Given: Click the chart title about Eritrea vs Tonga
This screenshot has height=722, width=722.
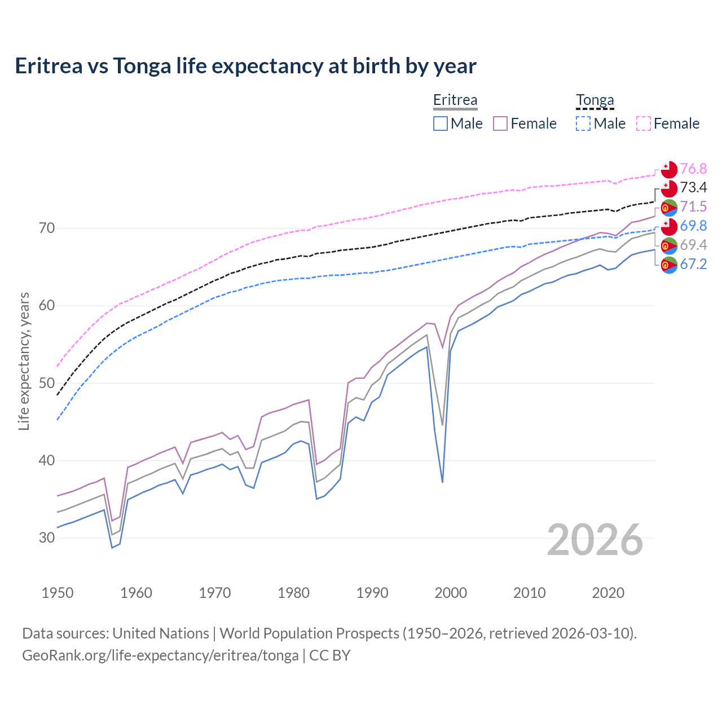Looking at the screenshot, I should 245,66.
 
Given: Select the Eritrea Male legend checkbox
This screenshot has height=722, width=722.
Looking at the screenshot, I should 441,124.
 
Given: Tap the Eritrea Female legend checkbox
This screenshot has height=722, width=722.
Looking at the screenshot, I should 500,124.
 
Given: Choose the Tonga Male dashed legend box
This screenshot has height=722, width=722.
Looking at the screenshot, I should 583,124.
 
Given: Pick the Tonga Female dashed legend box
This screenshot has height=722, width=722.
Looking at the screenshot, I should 644,124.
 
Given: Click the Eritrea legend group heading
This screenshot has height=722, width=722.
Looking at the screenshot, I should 455,100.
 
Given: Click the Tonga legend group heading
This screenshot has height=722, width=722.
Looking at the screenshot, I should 595,100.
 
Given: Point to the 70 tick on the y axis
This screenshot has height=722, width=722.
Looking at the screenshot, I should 47,228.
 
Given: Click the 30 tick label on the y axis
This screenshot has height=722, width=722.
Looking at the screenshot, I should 47,538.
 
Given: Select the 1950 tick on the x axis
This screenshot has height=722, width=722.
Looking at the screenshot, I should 58,593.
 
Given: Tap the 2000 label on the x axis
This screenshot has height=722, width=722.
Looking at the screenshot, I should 451,593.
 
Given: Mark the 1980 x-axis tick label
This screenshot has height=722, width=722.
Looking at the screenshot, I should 294,593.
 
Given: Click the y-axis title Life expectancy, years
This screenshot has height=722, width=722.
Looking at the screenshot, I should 24,361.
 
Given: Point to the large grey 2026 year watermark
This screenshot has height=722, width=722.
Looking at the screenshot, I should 595,540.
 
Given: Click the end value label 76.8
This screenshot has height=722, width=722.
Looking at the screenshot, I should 693,169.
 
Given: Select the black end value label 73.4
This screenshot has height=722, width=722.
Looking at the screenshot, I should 693,187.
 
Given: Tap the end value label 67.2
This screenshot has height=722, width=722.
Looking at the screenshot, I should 693,264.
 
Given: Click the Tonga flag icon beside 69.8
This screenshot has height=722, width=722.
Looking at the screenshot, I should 669,226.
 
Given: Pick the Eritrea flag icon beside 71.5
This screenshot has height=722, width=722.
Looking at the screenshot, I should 669,208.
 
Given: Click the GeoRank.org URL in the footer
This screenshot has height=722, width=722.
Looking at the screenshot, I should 160,655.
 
